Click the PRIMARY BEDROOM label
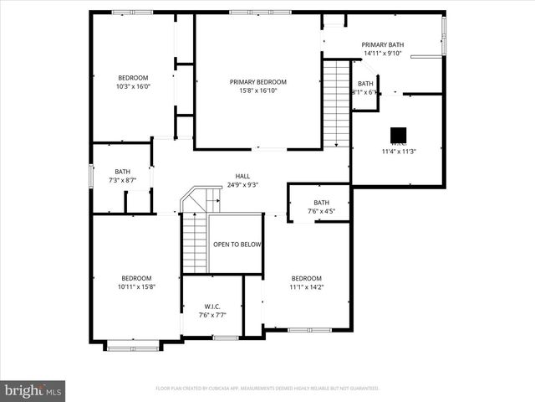click(x=258, y=82)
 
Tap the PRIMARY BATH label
click(x=383, y=44)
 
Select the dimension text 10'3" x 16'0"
click(x=133, y=86)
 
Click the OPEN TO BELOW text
click(x=237, y=245)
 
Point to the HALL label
click(x=242, y=176)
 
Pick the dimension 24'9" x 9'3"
click(x=242, y=185)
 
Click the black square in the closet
click(x=399, y=134)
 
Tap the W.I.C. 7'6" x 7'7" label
click(x=211, y=311)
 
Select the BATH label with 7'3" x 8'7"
click(x=123, y=172)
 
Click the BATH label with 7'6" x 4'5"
click(x=322, y=202)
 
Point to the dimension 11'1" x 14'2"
click(x=307, y=287)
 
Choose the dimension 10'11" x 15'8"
click(x=137, y=287)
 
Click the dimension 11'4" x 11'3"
click(x=399, y=152)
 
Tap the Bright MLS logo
click(x=33, y=389)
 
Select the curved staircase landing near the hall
click(x=201, y=198)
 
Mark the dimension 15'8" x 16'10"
click(x=258, y=91)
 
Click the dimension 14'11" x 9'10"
click(x=383, y=54)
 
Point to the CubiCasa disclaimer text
click(x=267, y=389)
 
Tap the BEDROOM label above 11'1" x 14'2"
click(x=307, y=278)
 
